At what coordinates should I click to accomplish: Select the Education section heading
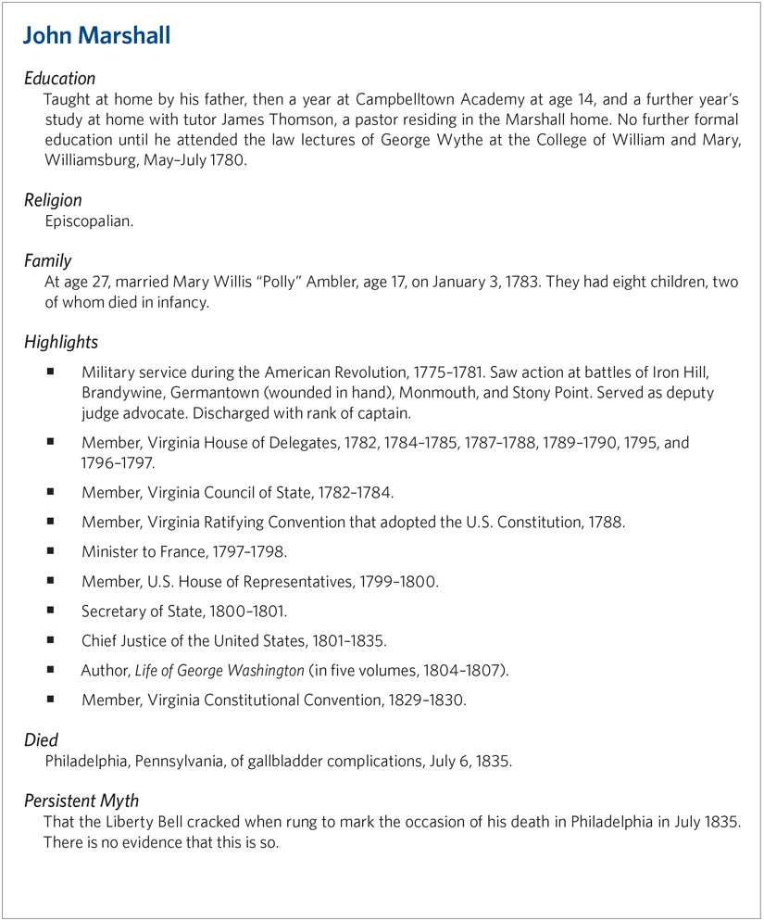click(60, 79)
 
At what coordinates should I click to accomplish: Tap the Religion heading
click(53, 200)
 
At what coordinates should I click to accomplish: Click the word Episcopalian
click(89, 221)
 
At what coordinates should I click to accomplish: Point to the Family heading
click(48, 261)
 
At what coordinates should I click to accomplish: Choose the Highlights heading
click(61, 342)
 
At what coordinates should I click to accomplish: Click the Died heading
click(42, 740)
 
